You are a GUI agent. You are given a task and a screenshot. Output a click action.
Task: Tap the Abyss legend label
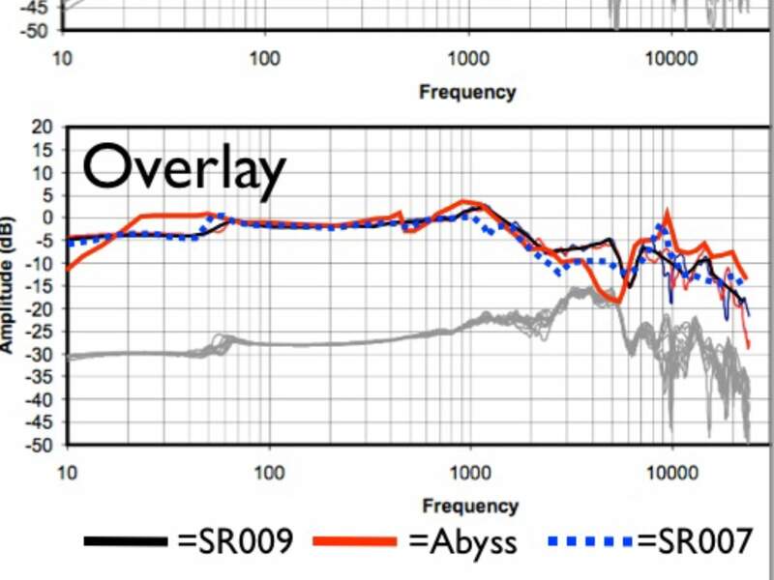462,539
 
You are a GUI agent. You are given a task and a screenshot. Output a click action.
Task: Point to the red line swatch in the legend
355,540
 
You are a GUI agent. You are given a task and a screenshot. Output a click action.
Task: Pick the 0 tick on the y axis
45,217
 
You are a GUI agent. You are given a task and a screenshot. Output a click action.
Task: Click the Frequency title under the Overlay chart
470,506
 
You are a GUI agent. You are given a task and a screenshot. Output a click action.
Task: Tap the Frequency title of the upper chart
467,92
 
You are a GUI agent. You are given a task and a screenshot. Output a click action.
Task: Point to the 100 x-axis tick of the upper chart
264,59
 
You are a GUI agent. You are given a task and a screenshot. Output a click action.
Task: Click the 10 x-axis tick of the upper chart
63,59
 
